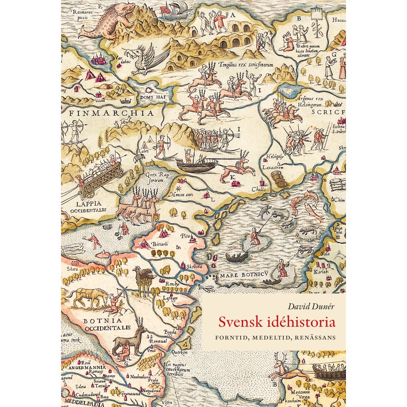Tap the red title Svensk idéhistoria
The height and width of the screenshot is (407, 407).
pos(277,322)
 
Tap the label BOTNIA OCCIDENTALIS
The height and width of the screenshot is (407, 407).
pos(107,324)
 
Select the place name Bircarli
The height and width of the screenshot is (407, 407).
pos(160,243)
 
